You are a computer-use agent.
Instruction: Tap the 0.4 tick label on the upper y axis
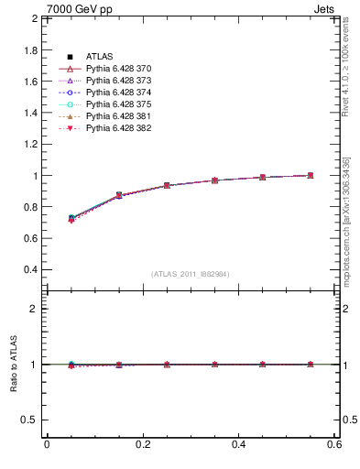[x=30, y=270]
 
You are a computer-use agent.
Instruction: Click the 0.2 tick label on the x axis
[x=142, y=445]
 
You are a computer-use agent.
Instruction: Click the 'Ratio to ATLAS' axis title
[x=13, y=364]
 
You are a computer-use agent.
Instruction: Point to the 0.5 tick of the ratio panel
[x=30, y=420]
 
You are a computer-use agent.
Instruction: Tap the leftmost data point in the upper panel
[x=71, y=219]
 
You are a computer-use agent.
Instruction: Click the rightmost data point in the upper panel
[x=311, y=175]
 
